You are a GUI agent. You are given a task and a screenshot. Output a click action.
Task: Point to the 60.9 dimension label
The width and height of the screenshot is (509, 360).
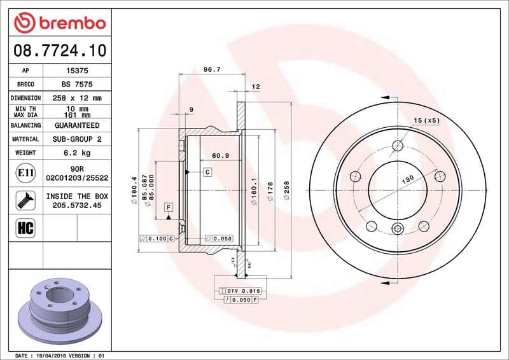[220, 155]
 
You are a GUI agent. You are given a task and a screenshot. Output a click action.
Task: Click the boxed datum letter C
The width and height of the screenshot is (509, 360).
[207, 172]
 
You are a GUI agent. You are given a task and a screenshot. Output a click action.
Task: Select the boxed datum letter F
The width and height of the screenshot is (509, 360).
[169, 207]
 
